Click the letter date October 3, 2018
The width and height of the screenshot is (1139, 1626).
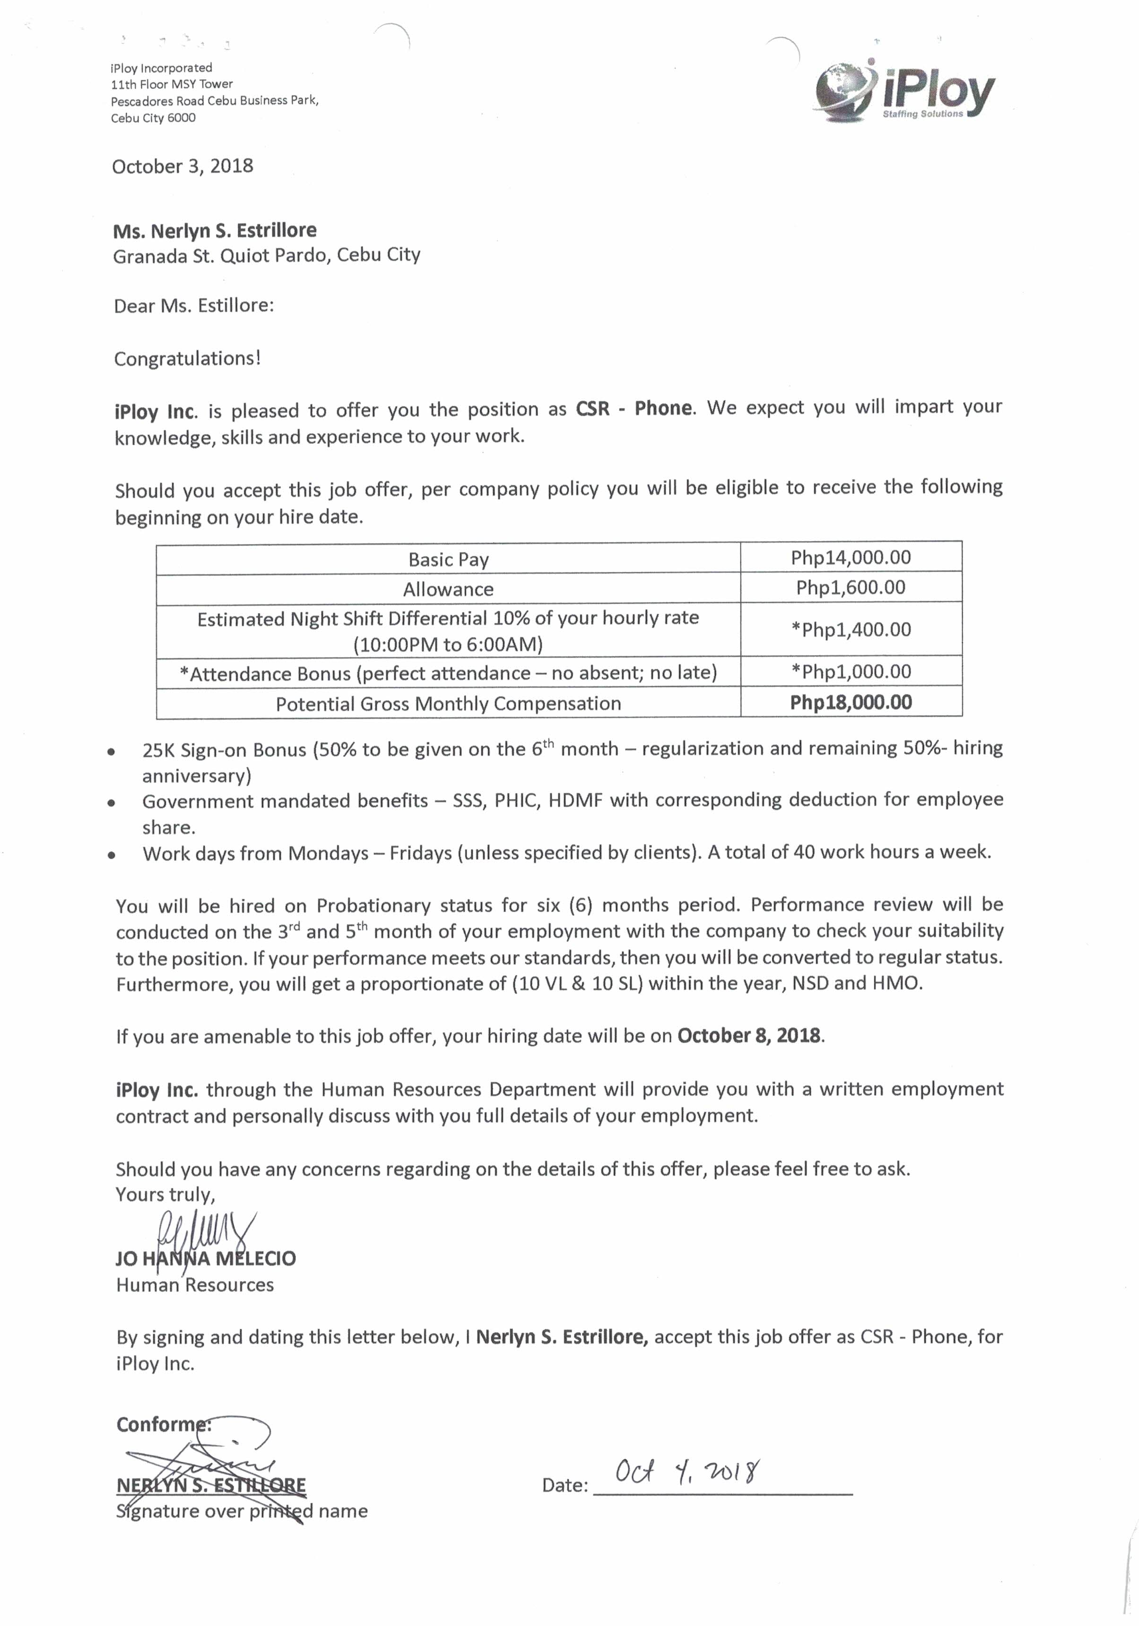(183, 167)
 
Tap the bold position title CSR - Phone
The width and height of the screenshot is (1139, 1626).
(634, 408)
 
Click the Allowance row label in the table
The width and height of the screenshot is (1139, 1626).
(448, 589)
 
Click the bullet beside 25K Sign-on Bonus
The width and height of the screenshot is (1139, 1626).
(111, 752)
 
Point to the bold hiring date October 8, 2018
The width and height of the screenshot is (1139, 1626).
(749, 1036)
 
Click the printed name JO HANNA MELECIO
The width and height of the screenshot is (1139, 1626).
(205, 1258)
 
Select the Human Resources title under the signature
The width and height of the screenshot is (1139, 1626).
(195, 1285)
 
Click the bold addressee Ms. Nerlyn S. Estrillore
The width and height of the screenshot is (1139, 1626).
(215, 230)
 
